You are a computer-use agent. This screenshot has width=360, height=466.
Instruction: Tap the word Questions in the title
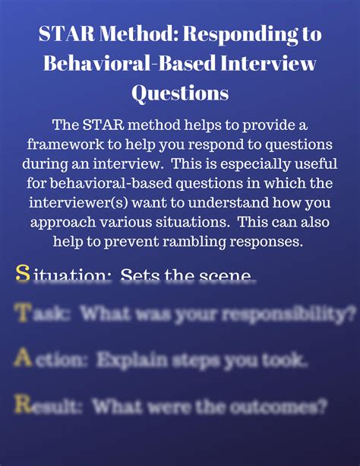[x=180, y=92]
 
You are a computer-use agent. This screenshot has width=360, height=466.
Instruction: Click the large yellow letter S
[x=23, y=274]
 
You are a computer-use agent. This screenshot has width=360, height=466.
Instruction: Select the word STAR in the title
[x=65, y=34]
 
